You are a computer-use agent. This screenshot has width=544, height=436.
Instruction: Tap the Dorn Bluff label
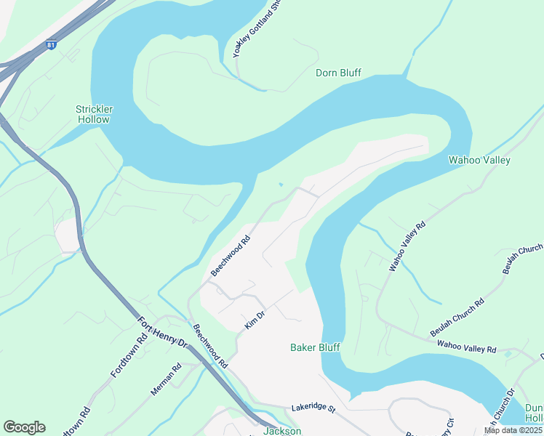pos(338,73)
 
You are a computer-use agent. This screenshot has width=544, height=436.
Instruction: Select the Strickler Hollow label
pos(93,114)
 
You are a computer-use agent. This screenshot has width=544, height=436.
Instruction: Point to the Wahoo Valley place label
pos(479,160)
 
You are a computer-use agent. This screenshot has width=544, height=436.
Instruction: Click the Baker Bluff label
pos(315,347)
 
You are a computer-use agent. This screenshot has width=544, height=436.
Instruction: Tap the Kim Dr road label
pos(255,319)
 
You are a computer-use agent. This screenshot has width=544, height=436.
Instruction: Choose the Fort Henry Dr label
pos(162,332)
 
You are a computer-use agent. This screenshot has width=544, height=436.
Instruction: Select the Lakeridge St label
pos(313,409)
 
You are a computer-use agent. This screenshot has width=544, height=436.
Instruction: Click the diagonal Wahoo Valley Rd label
pos(407,247)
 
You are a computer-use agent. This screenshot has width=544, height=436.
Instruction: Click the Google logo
pos(24,427)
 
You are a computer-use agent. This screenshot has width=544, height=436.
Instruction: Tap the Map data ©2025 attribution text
pos(513,430)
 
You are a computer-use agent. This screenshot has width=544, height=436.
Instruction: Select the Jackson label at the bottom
pos(281,431)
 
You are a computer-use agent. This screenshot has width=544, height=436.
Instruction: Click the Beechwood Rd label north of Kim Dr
pos(231,255)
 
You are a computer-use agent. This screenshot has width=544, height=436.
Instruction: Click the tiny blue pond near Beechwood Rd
pos(281,184)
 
